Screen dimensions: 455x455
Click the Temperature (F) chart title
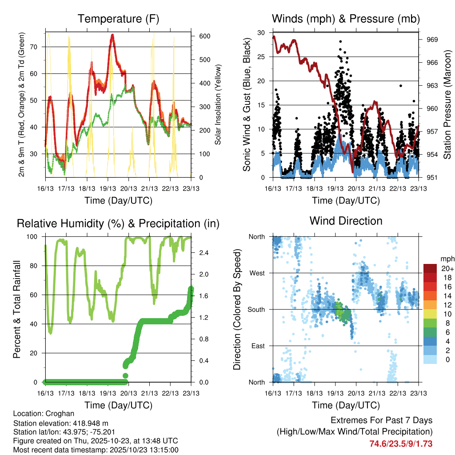coord(118,19)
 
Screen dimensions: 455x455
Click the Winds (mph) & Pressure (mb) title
coord(346,19)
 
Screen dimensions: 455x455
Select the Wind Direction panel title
coord(346,221)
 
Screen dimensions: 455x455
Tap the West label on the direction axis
coord(257,273)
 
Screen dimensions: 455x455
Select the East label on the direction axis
coord(258,346)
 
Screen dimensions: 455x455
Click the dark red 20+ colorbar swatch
coord(430,268)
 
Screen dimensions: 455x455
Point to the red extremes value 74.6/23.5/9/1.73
coord(401,444)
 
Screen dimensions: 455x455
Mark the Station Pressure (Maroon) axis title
coord(447,104)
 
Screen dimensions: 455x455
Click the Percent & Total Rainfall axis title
coord(17,309)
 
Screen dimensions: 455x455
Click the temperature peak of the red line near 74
coord(112,35)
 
